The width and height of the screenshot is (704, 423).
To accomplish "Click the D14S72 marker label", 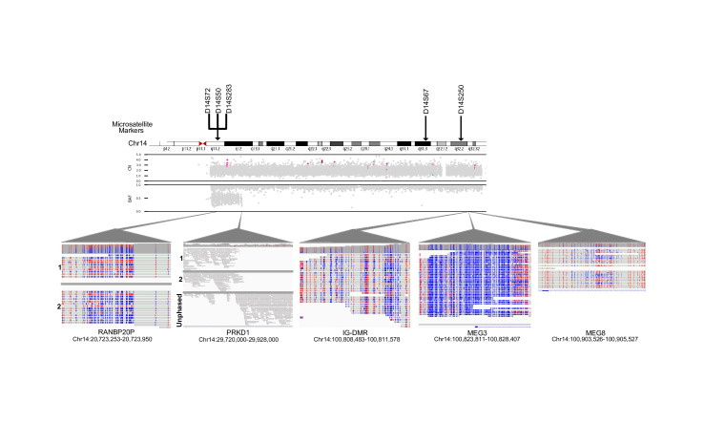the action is point(207,97).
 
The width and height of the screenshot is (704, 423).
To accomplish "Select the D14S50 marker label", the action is point(217,97).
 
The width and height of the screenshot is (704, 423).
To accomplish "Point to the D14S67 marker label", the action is point(425,99).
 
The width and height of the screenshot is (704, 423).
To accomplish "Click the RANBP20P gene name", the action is point(115,332).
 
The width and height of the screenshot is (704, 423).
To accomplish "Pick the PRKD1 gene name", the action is point(238,332).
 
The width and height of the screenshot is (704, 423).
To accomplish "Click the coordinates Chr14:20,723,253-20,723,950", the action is point(115,340).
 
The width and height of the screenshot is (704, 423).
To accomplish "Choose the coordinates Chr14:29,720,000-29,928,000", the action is point(238,340).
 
